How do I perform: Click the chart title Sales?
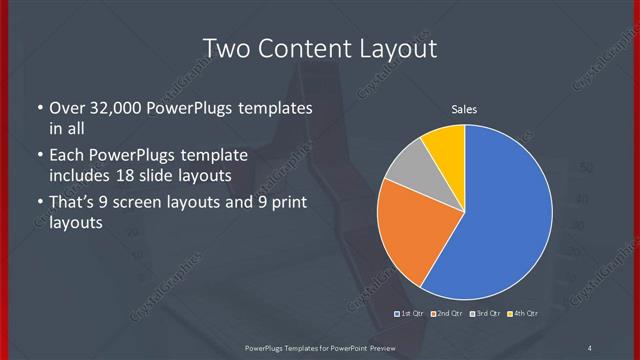coord(464,109)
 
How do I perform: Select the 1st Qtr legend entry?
coord(410,314)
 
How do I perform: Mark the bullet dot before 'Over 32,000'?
coord(39,108)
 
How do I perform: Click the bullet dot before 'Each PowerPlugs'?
coord(39,156)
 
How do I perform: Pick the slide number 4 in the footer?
coord(590,347)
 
